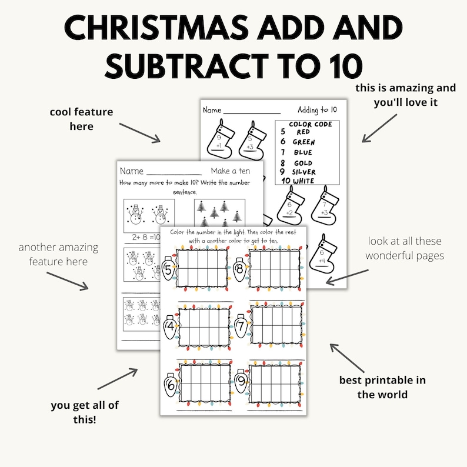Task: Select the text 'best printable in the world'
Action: (382, 387)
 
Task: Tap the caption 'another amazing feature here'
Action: (58, 253)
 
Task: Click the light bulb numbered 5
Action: (169, 271)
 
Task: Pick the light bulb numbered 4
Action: (171, 325)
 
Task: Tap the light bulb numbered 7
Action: (240, 325)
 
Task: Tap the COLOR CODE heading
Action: (310, 124)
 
